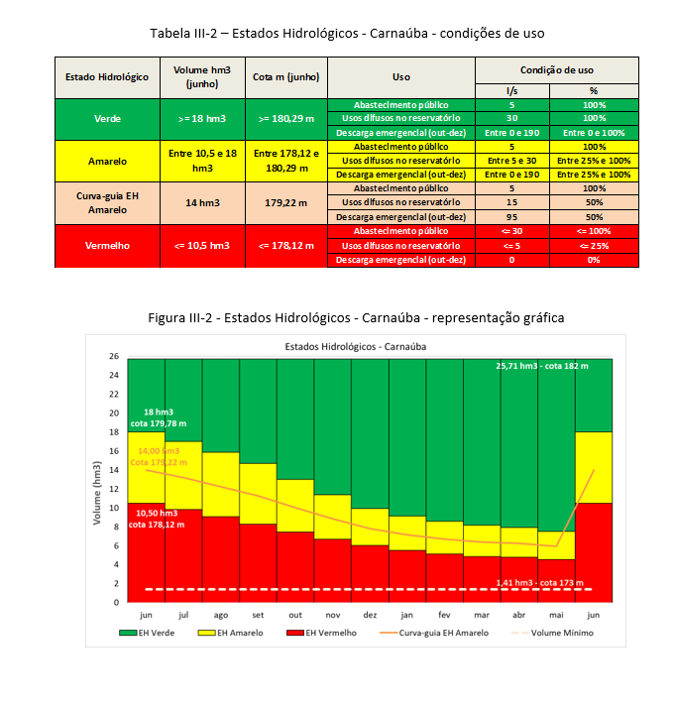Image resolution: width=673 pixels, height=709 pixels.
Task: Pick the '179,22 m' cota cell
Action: click(284, 202)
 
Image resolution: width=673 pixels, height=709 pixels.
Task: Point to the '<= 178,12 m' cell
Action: click(284, 245)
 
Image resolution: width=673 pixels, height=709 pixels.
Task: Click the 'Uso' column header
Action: click(400, 76)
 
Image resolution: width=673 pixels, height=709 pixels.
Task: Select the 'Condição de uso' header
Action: click(557, 69)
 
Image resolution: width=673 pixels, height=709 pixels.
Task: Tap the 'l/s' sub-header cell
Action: click(511, 89)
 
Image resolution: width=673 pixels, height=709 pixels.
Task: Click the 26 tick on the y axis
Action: click(114, 357)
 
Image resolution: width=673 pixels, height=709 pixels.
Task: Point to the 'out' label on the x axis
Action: click(294, 615)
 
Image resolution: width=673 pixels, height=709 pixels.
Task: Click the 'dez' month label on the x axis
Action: click(369, 615)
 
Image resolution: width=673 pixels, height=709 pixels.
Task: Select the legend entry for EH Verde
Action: click(156, 632)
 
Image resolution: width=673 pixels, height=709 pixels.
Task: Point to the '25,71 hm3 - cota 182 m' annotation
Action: click(541, 366)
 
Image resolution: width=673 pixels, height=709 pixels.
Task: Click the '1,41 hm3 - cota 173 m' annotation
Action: click(542, 581)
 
